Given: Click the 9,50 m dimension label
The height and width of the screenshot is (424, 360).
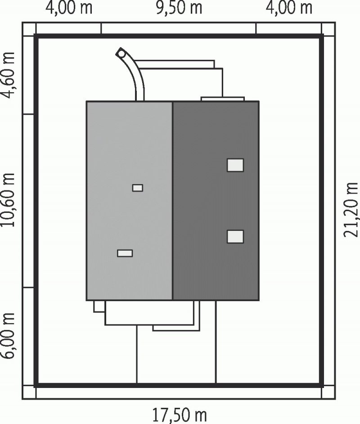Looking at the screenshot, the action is [179, 8].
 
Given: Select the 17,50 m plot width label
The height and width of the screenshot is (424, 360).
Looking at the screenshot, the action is [180, 415].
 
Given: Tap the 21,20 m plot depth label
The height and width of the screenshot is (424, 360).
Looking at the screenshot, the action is [351, 210].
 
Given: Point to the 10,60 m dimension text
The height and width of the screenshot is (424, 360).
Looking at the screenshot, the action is [8, 200].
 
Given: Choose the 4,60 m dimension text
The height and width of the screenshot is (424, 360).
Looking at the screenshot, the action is [8, 75].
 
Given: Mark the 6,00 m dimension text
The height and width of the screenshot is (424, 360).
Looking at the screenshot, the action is [8, 336].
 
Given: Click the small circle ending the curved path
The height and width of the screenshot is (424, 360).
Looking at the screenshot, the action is [121, 54].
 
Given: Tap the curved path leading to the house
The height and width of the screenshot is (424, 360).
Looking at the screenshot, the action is [134, 74].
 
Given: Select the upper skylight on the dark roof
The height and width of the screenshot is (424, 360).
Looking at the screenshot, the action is [235, 165].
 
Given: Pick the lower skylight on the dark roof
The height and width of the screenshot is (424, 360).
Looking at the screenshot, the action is [235, 237].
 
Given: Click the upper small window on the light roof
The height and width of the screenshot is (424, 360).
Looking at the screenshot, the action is [138, 188].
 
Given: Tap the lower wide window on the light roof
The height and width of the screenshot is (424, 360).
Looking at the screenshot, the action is [125, 253].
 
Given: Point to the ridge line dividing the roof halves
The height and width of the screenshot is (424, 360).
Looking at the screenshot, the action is [172, 201].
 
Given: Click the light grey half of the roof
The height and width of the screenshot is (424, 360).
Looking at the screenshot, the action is [129, 201].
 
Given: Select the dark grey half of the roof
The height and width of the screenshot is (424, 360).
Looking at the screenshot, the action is [216, 201].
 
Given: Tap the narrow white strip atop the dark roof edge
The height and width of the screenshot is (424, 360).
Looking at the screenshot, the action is [223, 99].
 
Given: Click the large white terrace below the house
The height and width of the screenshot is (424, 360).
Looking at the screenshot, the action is [149, 312].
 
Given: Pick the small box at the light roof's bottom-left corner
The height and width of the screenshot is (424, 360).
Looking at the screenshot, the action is [99, 307].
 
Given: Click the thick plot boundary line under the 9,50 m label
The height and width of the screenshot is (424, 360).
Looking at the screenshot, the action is [179, 36].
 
